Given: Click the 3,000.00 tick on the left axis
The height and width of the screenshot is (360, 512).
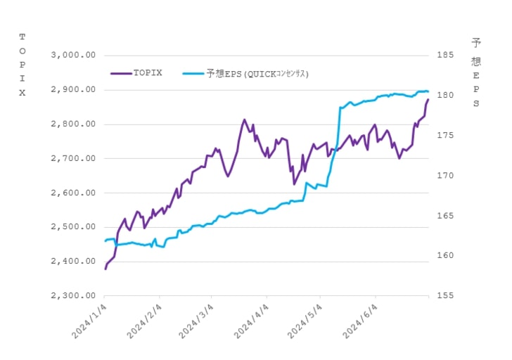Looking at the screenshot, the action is tap(73, 55).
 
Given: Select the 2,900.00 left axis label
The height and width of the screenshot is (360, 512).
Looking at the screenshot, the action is tap(73, 89).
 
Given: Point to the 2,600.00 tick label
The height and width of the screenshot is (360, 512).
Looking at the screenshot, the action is tap(73, 193).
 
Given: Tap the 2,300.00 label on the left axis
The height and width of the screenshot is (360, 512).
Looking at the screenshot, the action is tap(73, 295).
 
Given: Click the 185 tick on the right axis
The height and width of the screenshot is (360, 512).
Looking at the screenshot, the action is tap(445, 55).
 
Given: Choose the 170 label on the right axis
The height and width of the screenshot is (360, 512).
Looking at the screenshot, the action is tap(445, 176).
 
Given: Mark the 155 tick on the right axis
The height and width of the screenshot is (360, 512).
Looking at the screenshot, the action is tap(445, 295).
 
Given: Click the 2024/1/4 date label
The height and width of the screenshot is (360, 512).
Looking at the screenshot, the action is tap(89, 321).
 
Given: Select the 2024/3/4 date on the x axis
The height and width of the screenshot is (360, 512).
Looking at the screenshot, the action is tap(196, 321).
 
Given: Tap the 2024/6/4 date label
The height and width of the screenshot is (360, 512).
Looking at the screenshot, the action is tap(360, 321).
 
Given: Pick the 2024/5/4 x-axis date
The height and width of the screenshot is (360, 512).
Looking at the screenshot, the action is tap(305, 321).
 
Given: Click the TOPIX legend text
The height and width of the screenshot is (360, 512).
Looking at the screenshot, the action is tap(148, 73).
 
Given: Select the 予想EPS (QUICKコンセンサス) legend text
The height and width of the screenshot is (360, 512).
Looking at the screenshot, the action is tap(257, 74).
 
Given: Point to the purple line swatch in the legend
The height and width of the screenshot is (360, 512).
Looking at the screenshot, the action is tap(121, 73).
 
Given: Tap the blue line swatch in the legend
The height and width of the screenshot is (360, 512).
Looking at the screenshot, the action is tap(193, 74).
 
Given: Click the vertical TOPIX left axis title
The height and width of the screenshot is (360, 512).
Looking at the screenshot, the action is tap(23, 65).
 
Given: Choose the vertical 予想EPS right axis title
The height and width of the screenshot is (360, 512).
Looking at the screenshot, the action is tap(476, 72).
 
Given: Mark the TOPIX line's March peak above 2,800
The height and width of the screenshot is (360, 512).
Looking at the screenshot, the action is tap(244, 120).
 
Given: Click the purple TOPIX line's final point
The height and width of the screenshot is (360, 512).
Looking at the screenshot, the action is tap(428, 100).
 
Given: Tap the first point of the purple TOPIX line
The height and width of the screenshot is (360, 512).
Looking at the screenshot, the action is tap(105, 269).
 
